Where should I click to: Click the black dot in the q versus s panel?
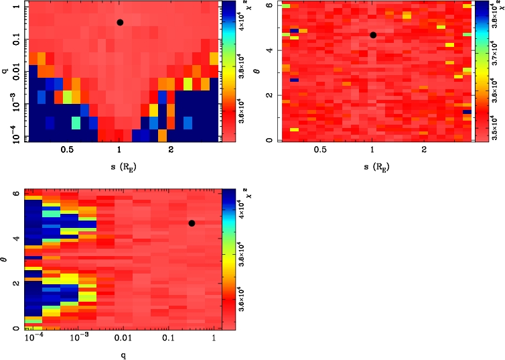click(120, 22)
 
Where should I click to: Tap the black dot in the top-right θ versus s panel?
click(373, 35)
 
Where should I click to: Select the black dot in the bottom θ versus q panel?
click(192, 223)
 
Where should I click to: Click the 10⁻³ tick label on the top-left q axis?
click(13, 105)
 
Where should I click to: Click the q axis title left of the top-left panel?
click(5, 70)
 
